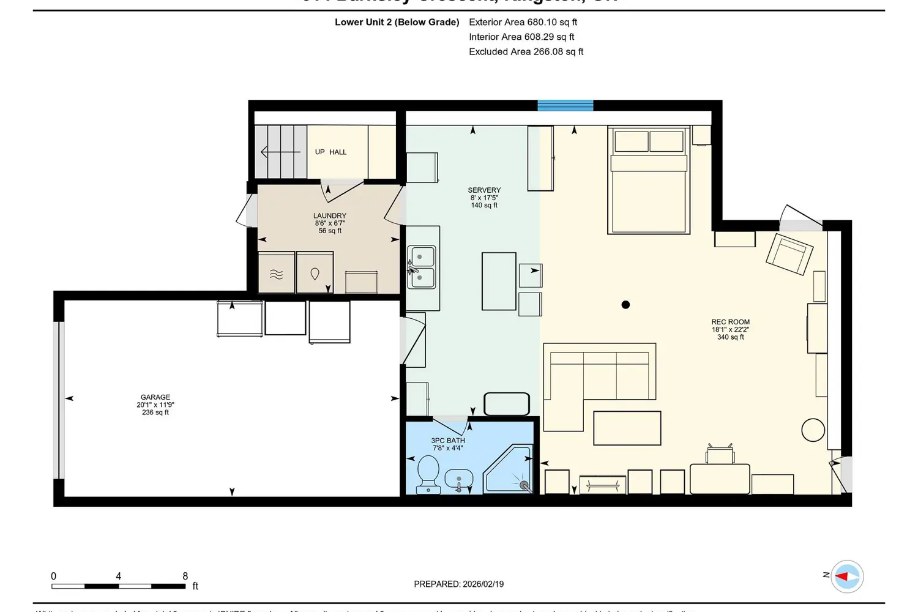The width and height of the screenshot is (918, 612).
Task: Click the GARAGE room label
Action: coord(155,398)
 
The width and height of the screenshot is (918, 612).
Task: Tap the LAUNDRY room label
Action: coord(329,216)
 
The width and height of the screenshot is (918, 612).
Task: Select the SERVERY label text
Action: coord(484,190)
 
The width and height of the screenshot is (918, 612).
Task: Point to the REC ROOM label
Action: coord(730,322)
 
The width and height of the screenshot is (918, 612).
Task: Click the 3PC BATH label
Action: coord(448,441)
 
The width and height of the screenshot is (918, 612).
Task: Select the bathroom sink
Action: coord(459,478)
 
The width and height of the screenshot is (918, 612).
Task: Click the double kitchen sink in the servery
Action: coord(422,267)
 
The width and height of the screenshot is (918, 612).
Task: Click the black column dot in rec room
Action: coord(625,305)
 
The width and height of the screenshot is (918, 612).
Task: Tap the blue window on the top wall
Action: coord(565,105)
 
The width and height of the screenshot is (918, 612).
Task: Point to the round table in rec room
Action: coord(813,430)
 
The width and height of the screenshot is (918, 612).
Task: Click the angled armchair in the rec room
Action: coord(789,253)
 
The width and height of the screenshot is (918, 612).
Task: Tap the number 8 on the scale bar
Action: coord(185,576)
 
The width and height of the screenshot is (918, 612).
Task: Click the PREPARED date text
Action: coord(458,584)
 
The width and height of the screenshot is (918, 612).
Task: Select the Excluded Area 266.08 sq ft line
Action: coord(526,52)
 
